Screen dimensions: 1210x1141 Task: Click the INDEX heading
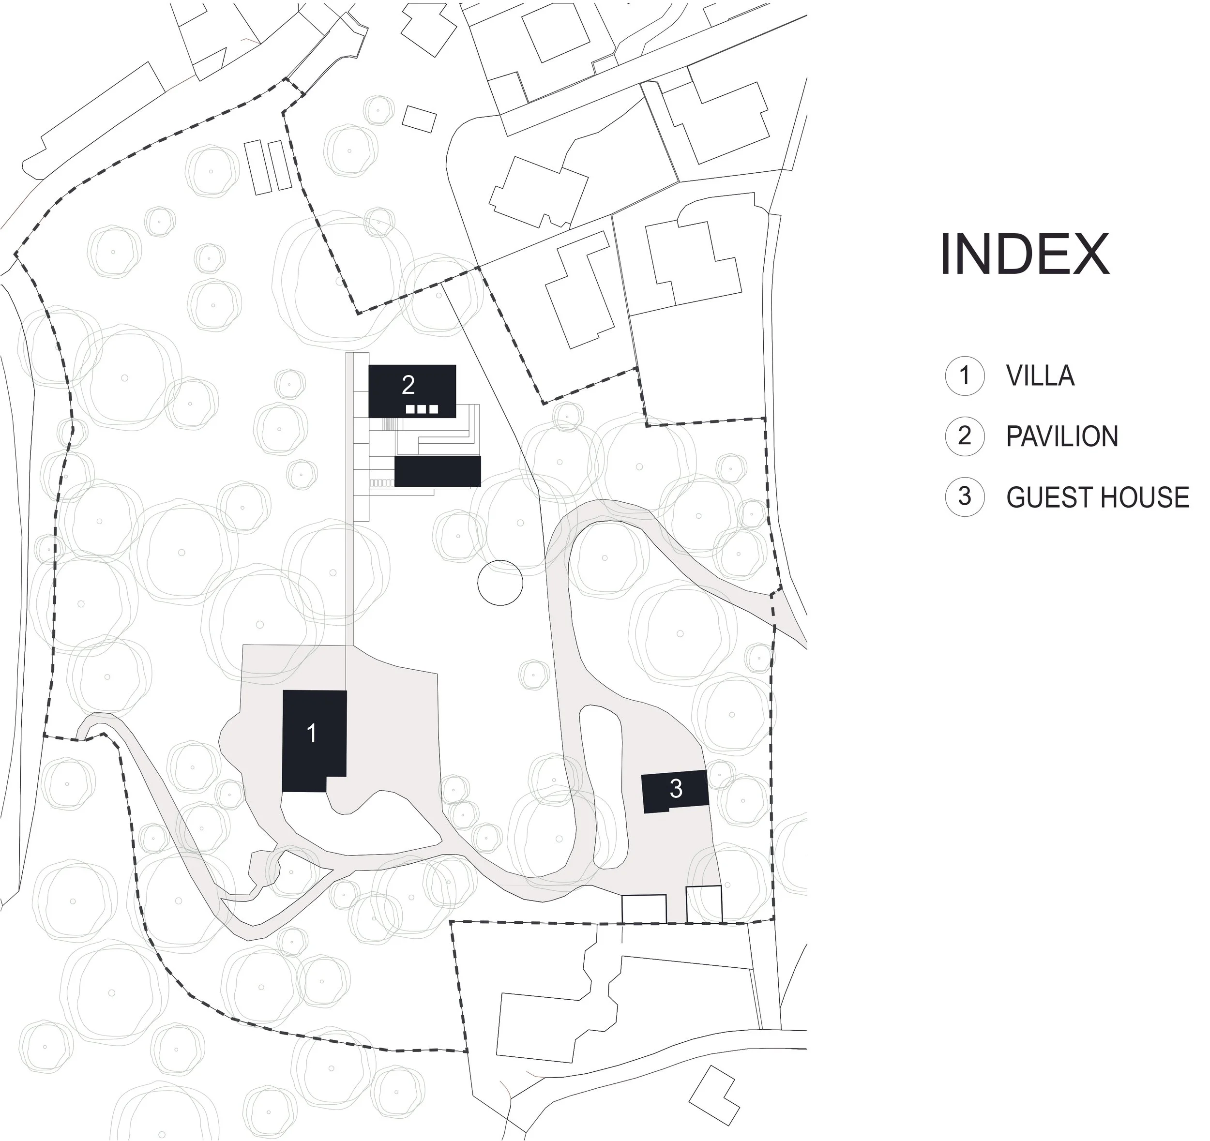point(1024,255)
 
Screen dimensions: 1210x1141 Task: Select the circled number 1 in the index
point(964,375)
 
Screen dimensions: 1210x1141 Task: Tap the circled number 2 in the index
point(964,436)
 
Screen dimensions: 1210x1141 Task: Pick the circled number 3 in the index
point(964,496)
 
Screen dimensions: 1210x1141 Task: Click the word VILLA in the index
point(1040,376)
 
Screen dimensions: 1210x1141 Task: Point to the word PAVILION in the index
point(1062,437)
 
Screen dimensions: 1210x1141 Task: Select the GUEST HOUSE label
point(1097,497)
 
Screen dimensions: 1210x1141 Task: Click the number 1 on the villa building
point(312,733)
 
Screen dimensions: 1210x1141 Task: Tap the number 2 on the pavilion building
point(408,385)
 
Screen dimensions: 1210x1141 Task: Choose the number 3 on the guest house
point(676,789)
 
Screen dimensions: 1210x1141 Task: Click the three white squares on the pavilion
point(422,409)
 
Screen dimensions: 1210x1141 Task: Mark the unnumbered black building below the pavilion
point(438,471)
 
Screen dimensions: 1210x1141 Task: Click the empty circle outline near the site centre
point(499,583)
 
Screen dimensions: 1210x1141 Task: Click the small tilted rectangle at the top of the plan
point(419,119)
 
